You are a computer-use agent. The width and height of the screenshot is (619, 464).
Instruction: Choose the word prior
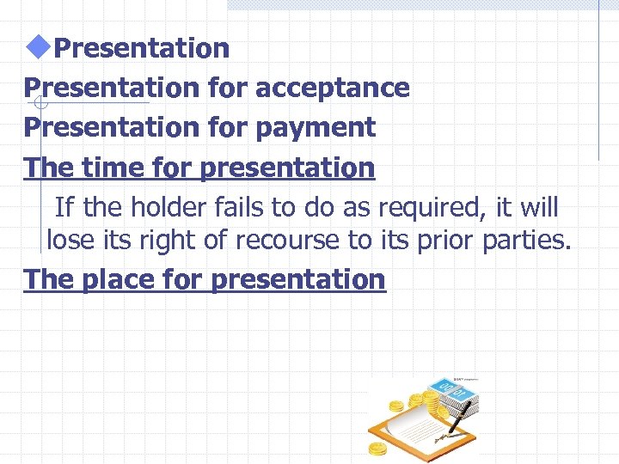click(x=440, y=241)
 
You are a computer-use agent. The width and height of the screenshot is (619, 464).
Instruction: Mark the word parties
click(x=526, y=241)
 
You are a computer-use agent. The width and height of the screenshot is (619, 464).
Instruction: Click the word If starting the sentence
click(x=64, y=207)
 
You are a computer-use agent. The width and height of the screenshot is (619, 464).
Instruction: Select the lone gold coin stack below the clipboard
click(x=378, y=449)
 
